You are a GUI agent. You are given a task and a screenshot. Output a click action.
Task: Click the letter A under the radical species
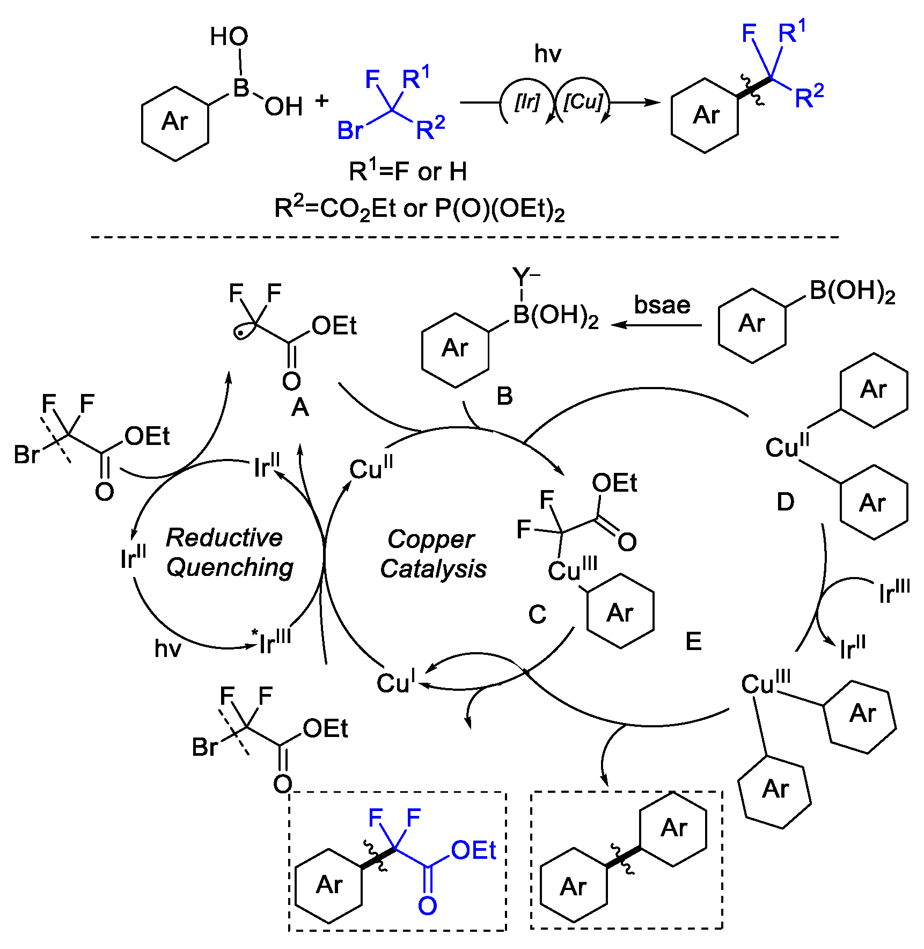(300, 408)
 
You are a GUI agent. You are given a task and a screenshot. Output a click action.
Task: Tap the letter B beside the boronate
(504, 396)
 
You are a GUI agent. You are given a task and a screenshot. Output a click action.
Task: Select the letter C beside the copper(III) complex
(537, 615)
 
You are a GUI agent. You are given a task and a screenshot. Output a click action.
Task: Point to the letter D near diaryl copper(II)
(786, 502)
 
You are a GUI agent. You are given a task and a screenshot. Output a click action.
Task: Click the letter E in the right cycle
(693, 641)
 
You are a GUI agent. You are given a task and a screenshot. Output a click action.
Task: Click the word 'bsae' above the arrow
(662, 305)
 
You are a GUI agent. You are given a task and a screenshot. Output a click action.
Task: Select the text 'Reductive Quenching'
(229, 552)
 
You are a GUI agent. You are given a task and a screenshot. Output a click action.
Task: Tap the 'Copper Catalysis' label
(432, 554)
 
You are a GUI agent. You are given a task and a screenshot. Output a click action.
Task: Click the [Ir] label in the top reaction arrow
(526, 102)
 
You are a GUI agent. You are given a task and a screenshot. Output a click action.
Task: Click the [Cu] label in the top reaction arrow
(583, 101)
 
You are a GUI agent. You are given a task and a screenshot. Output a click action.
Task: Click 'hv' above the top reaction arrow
(548, 54)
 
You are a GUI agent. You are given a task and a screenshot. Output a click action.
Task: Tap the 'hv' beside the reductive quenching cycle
(168, 648)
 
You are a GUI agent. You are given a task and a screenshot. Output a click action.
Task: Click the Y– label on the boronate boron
(525, 276)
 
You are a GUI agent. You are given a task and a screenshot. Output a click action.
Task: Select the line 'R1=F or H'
(408, 172)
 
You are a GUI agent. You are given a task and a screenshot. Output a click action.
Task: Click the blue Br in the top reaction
(350, 130)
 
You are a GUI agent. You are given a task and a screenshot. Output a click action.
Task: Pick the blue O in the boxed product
(427, 906)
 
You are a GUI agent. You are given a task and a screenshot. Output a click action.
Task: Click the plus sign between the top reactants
(322, 100)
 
